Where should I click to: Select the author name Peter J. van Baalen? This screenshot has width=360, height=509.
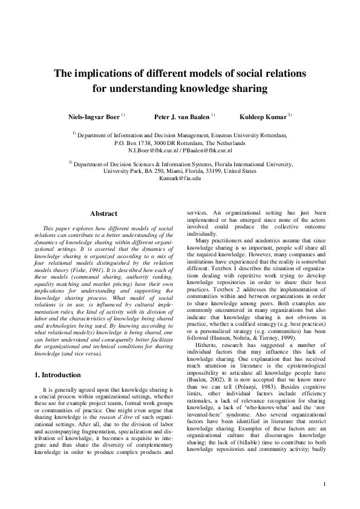point(181,115)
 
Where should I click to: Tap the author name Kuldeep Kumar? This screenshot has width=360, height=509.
point(264,115)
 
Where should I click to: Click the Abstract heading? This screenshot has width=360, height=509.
point(103,213)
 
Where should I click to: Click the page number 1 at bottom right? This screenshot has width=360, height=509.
point(325,484)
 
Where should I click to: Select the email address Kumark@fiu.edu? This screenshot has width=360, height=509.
point(180,179)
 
